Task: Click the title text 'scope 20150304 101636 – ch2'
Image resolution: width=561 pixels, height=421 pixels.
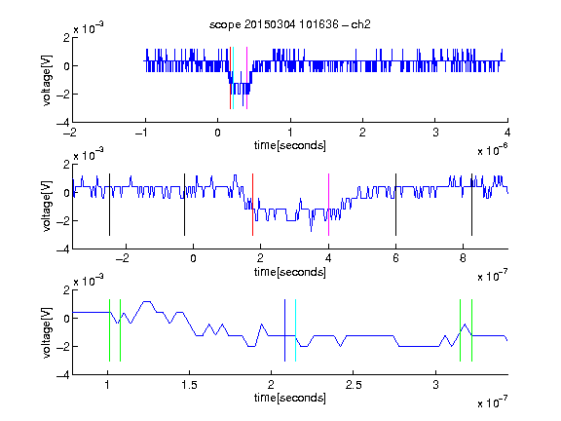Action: (290, 24)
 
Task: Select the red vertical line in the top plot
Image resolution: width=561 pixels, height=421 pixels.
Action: (230, 78)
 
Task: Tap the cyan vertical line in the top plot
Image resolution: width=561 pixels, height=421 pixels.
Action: (233, 78)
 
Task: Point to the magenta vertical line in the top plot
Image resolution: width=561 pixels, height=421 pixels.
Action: (246, 78)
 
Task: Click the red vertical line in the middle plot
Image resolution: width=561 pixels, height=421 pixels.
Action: (252, 205)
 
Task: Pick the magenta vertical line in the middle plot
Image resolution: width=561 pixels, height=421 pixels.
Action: (328, 205)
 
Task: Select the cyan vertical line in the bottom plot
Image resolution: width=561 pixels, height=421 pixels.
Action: (295, 330)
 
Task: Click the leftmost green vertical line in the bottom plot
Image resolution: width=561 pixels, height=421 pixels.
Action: (109, 330)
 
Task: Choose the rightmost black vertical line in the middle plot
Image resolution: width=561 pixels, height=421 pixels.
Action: (471, 205)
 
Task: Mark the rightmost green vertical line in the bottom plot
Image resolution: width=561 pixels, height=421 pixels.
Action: (472, 330)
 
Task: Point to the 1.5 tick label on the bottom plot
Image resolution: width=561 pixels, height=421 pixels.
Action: (189, 385)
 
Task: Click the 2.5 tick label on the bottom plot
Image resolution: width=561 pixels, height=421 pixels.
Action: (354, 385)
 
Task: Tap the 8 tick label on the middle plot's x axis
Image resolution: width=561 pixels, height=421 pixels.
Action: (463, 258)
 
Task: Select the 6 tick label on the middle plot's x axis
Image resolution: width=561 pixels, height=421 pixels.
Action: (395, 258)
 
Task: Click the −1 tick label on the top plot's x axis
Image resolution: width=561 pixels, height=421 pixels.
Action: (142, 133)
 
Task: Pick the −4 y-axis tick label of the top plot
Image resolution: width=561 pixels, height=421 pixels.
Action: (63, 123)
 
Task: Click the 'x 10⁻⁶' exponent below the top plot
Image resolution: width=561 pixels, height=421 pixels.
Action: (493, 150)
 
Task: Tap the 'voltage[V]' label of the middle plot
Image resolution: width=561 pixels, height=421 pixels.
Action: (47, 207)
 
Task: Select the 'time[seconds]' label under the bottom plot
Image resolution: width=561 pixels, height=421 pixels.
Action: (290, 398)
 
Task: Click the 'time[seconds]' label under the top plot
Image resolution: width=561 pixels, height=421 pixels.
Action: (290, 145)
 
